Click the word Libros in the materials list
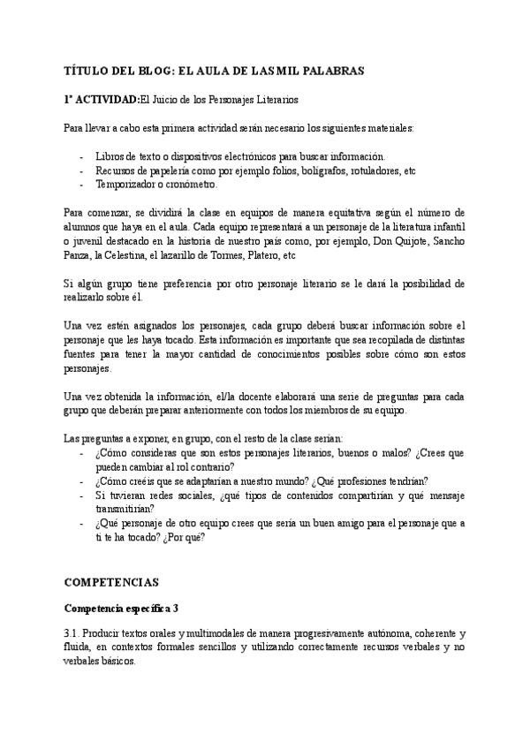tap(110, 155)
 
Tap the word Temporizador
tap(125, 184)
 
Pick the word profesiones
tap(364, 481)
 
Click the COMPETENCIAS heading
tap(112, 584)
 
